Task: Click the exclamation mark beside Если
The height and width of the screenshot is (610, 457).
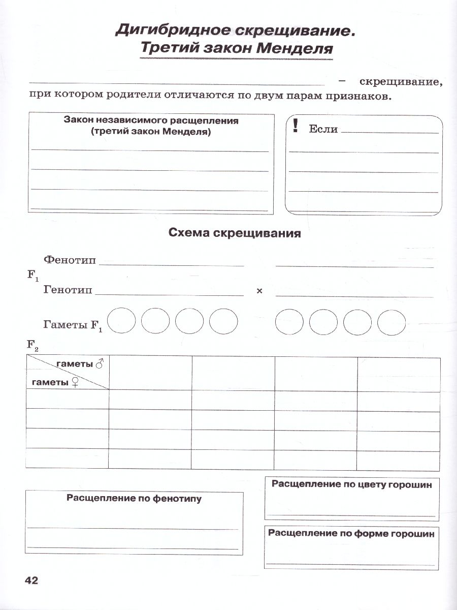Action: [x=295, y=126]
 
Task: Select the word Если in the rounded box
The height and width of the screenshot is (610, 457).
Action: [x=323, y=129]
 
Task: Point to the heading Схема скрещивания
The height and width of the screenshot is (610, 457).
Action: [x=234, y=233]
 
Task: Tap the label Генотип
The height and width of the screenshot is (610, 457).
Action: [x=68, y=290]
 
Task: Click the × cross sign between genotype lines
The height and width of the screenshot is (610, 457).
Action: [x=259, y=291]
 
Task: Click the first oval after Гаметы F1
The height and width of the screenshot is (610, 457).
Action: [x=121, y=321]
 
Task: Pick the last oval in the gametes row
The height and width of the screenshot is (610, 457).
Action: [x=391, y=321]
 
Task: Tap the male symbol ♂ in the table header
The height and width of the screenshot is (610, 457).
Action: [x=100, y=364]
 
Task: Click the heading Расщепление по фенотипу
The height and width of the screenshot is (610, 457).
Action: [x=134, y=499]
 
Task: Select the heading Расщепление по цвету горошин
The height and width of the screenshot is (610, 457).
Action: [x=351, y=484]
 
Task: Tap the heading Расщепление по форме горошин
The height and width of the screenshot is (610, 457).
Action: [x=351, y=533]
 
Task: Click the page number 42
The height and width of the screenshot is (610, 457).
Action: [x=31, y=581]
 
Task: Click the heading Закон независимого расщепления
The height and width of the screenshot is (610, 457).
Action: [x=151, y=121]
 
